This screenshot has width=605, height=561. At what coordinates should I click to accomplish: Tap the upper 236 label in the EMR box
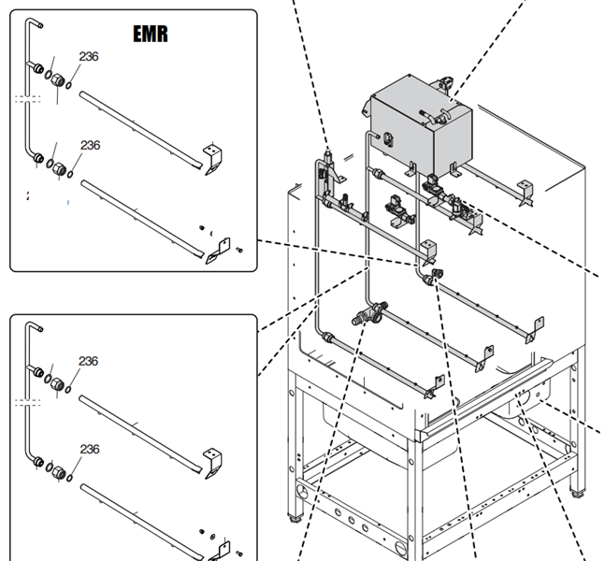pos(89,57)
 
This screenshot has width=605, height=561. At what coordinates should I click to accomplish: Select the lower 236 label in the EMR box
pos(90,146)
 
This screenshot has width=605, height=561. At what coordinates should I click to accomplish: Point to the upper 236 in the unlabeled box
pos(88,362)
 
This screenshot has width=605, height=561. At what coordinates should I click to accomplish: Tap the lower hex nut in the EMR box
pos(57,168)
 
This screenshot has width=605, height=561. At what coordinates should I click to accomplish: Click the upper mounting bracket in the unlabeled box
pos(213,463)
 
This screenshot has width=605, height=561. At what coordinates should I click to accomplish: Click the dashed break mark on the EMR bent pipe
pos(28,97)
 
